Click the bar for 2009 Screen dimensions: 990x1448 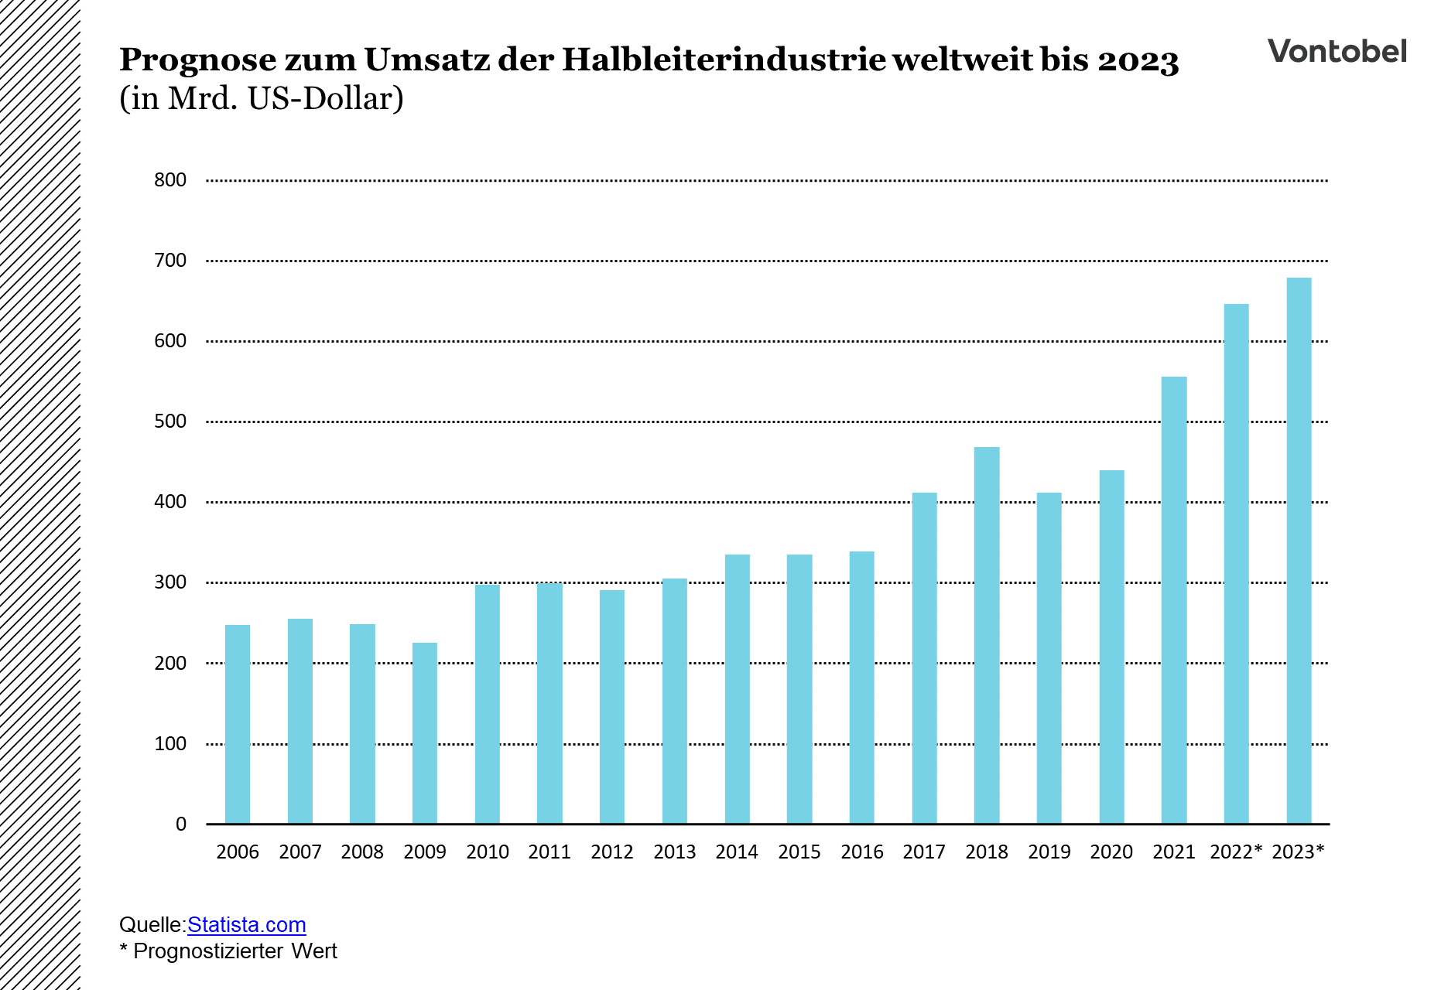(x=424, y=733)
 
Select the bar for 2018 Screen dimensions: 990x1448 (x=986, y=635)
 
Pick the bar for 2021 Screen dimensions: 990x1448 (x=1173, y=600)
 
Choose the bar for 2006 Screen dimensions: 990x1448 (x=238, y=724)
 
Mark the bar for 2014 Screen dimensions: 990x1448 (x=737, y=689)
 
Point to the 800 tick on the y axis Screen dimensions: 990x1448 (x=170, y=180)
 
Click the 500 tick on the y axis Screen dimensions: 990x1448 (x=170, y=422)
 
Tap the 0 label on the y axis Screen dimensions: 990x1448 (x=181, y=824)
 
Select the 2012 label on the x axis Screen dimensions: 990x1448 (x=611, y=852)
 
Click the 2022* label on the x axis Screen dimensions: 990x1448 (x=1236, y=852)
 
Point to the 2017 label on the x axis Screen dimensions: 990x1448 (x=924, y=852)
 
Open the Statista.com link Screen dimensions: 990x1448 (x=246, y=925)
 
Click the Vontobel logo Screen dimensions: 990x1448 (x=1337, y=52)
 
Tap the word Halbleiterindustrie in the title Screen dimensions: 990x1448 (x=724, y=60)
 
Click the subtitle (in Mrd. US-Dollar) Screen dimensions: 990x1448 (x=262, y=99)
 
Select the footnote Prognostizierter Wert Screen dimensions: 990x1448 (x=234, y=951)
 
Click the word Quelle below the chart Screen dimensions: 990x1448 (x=151, y=925)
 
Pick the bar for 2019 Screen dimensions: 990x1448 (x=1049, y=658)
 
